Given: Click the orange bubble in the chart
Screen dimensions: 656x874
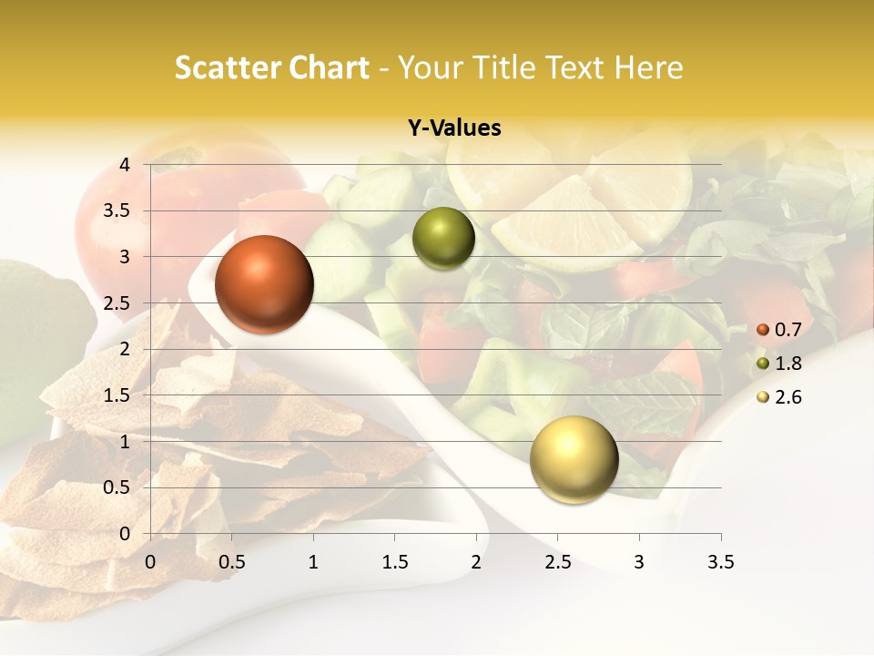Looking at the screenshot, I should point(264,284).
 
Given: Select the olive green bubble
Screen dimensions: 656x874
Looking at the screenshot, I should point(443,239).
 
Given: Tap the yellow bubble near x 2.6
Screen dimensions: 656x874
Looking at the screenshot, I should point(574,459).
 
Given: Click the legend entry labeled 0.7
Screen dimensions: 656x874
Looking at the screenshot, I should point(779,330).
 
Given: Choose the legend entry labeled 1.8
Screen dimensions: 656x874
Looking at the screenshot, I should point(779,364).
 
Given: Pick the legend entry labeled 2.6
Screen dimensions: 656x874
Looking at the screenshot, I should point(779,397).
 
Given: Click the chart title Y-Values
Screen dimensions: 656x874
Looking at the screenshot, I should point(454,128).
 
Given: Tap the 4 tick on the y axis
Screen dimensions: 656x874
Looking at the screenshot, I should point(125,165).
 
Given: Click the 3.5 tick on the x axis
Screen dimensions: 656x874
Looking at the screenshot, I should point(720,562).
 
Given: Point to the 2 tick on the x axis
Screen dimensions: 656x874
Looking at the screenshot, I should point(476,562).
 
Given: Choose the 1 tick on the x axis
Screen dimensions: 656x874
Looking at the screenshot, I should point(313,562).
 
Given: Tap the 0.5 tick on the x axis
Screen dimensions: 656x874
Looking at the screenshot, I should point(231,562).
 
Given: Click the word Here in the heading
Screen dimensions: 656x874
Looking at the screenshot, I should point(649,67).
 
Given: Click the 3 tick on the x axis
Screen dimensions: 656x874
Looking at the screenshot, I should point(639,562).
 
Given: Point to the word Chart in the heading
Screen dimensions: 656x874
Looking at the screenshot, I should point(330,67).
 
